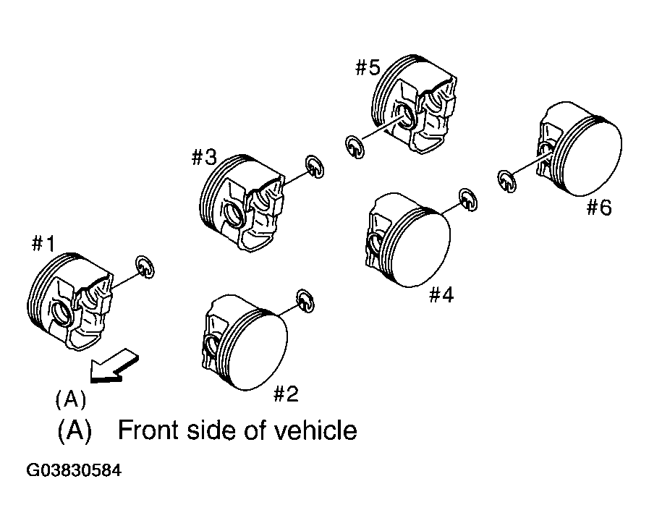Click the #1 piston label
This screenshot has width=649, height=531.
43,244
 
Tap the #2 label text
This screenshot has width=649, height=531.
286,394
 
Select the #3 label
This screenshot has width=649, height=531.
204,157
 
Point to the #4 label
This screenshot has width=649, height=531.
441,295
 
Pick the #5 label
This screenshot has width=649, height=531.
368,67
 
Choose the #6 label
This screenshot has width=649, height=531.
599,207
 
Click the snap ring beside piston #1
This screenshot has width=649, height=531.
145,267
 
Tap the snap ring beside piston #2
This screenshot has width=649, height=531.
306,301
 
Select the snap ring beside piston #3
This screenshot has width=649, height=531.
315,167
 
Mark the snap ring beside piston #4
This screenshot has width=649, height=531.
468,200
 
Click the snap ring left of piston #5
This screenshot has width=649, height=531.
355,147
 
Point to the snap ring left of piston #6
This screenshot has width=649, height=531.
506,182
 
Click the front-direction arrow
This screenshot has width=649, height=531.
114,365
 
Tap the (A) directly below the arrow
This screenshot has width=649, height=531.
71,399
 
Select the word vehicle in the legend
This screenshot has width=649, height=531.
315,430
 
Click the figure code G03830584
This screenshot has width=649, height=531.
74,470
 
